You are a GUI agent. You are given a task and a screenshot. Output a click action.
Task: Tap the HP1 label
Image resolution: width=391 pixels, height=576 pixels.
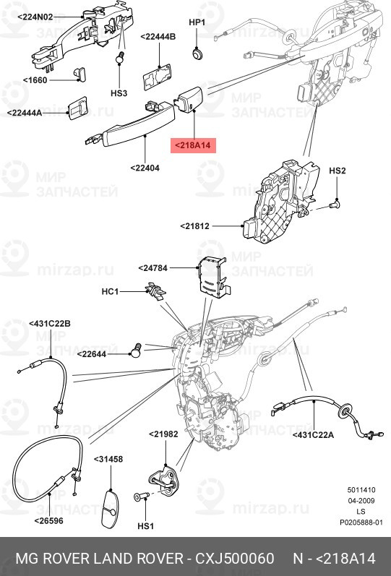pos(197,23)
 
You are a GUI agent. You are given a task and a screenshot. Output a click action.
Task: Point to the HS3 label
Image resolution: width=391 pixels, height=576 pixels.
pos(119,93)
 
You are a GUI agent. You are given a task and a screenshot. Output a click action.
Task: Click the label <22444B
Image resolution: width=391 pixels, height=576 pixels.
pos(158,36)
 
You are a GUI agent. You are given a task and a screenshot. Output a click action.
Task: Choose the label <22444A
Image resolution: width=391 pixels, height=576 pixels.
pos(25,113)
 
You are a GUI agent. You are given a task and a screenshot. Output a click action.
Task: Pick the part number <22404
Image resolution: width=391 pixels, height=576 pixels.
pos(145,168)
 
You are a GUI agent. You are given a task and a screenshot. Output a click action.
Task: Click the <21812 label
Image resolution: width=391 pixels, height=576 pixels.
pos(195,226)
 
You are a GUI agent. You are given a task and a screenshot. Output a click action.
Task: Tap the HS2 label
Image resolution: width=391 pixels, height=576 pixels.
pos(338,171)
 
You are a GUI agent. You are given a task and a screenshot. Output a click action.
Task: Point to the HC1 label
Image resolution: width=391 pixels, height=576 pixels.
pos(110,291)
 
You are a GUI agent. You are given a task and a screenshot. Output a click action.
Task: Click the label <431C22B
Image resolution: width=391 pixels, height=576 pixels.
pos(49,324)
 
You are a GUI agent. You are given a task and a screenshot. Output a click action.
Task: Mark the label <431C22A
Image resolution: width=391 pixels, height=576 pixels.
pos(316,434)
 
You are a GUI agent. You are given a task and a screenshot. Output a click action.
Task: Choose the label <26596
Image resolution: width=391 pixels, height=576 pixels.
pos(49,519)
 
